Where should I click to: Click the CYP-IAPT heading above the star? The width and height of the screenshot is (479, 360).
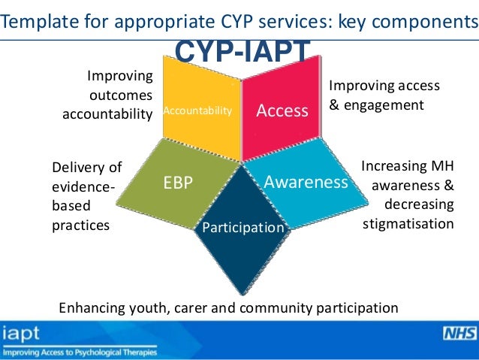(243, 52)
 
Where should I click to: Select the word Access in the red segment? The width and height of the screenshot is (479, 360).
(282, 110)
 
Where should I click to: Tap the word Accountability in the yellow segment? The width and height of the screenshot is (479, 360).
(198, 111)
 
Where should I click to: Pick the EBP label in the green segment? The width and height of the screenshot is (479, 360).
(177, 181)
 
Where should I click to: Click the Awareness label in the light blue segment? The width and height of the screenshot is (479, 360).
(306, 181)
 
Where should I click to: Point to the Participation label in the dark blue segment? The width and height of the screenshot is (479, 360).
(243, 227)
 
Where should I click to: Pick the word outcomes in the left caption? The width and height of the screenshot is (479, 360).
(121, 95)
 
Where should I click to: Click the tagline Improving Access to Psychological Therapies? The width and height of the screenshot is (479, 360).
(80, 351)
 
